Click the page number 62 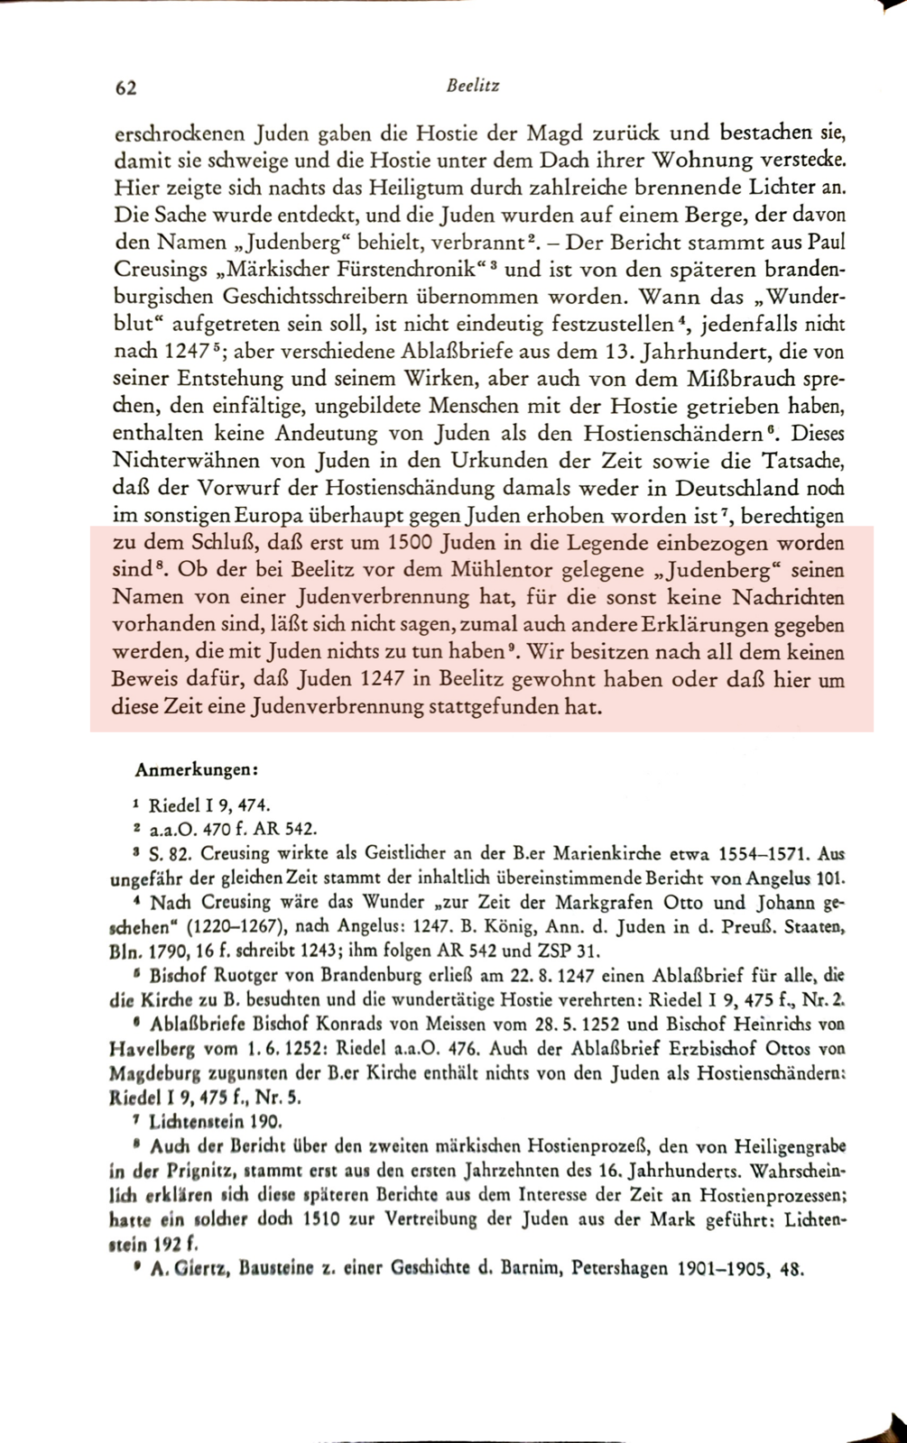click(x=125, y=87)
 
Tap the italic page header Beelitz click(x=473, y=87)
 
